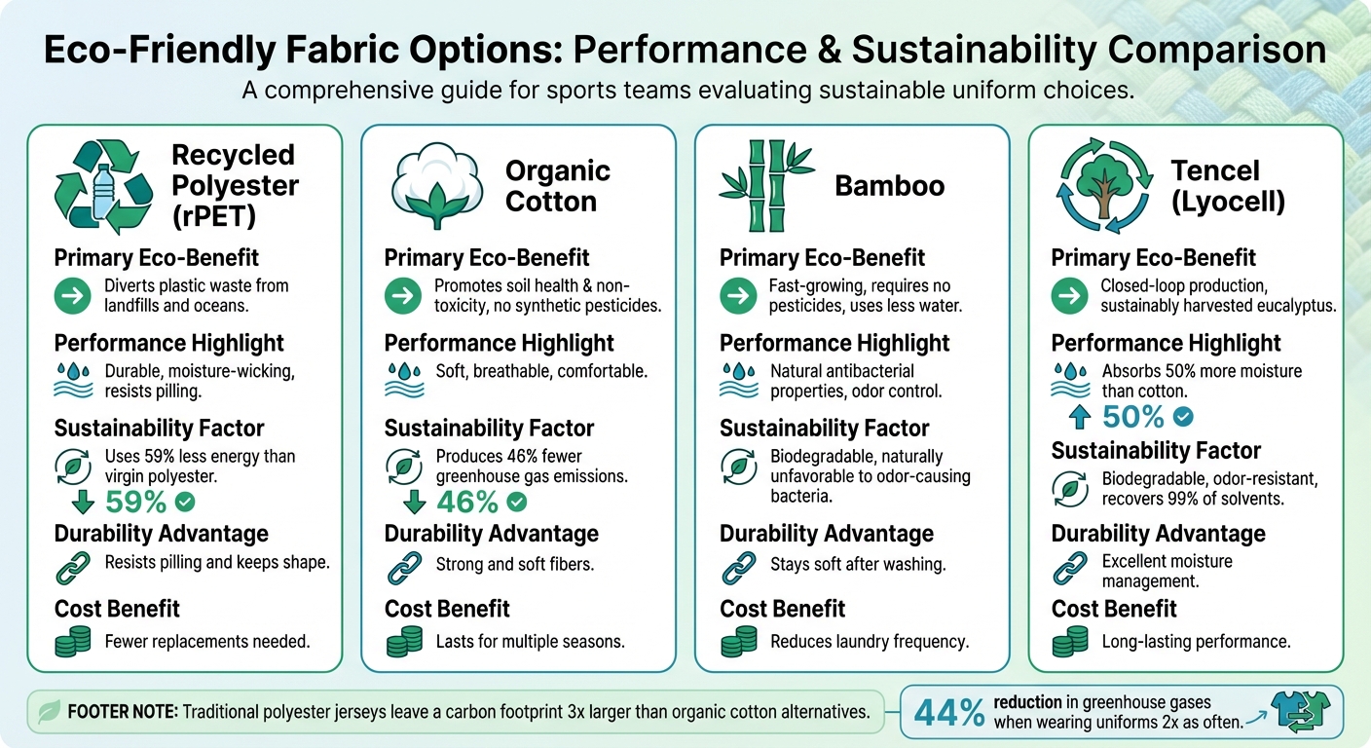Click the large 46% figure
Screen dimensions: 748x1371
[467, 503]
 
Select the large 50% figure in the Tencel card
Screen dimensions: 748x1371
[1133, 417]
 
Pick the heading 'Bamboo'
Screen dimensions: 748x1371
[889, 186]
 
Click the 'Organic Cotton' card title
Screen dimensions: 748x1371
[557, 186]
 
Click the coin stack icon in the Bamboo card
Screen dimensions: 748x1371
[739, 641]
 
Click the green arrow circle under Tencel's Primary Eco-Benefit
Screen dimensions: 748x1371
[1069, 296]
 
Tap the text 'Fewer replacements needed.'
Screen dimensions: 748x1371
[206, 642]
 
